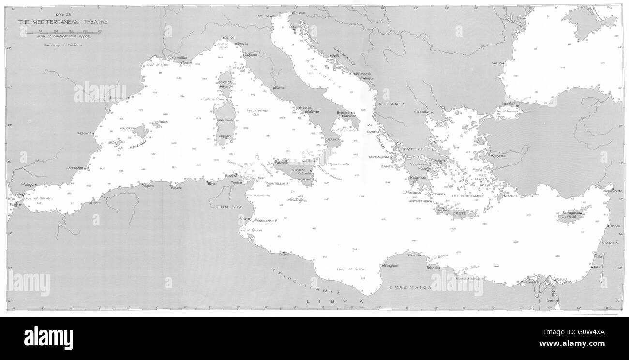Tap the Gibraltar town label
click(x=23, y=194)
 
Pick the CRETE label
click(x=459, y=213)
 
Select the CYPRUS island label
click(x=568, y=217)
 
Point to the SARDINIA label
click(x=225, y=120)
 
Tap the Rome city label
click(x=279, y=88)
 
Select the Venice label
click(x=263, y=16)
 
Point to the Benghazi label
click(x=390, y=265)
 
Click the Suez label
click(x=550, y=301)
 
